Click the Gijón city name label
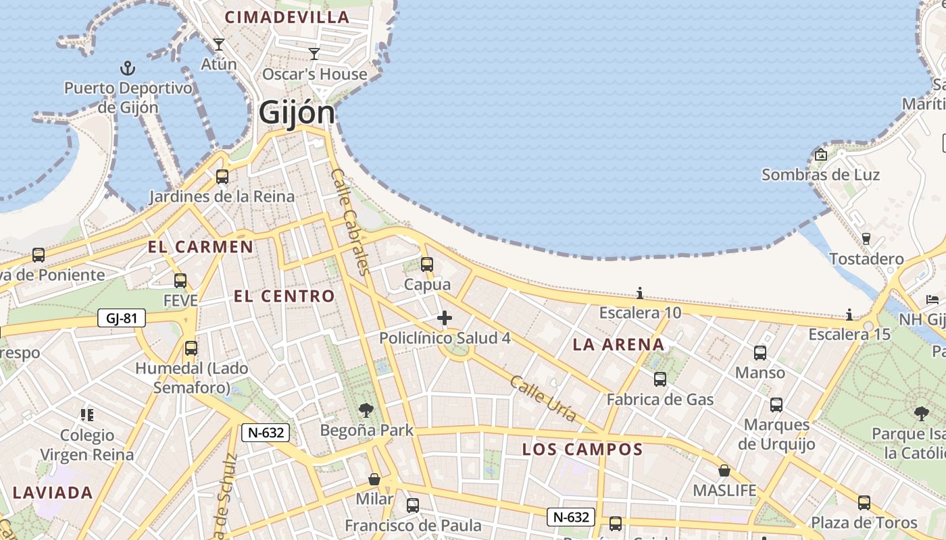coord(297,113)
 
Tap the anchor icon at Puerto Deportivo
coord(127,68)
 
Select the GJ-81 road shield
coord(122,318)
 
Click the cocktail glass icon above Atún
coord(218,45)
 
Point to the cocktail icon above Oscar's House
coord(314,54)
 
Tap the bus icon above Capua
coord(426,264)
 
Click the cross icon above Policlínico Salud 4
coord(445,318)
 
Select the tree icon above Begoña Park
coord(366,410)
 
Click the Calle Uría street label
coord(543,399)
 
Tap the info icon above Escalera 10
coord(640,293)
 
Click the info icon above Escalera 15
coord(849,315)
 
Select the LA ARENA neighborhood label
coord(618,345)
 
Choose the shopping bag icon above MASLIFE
coord(724,470)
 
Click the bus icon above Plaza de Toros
coord(864,502)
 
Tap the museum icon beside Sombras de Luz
coord(821,155)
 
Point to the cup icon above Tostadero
coord(866,238)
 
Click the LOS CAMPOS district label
coord(582,450)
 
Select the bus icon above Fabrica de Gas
coord(660,379)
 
